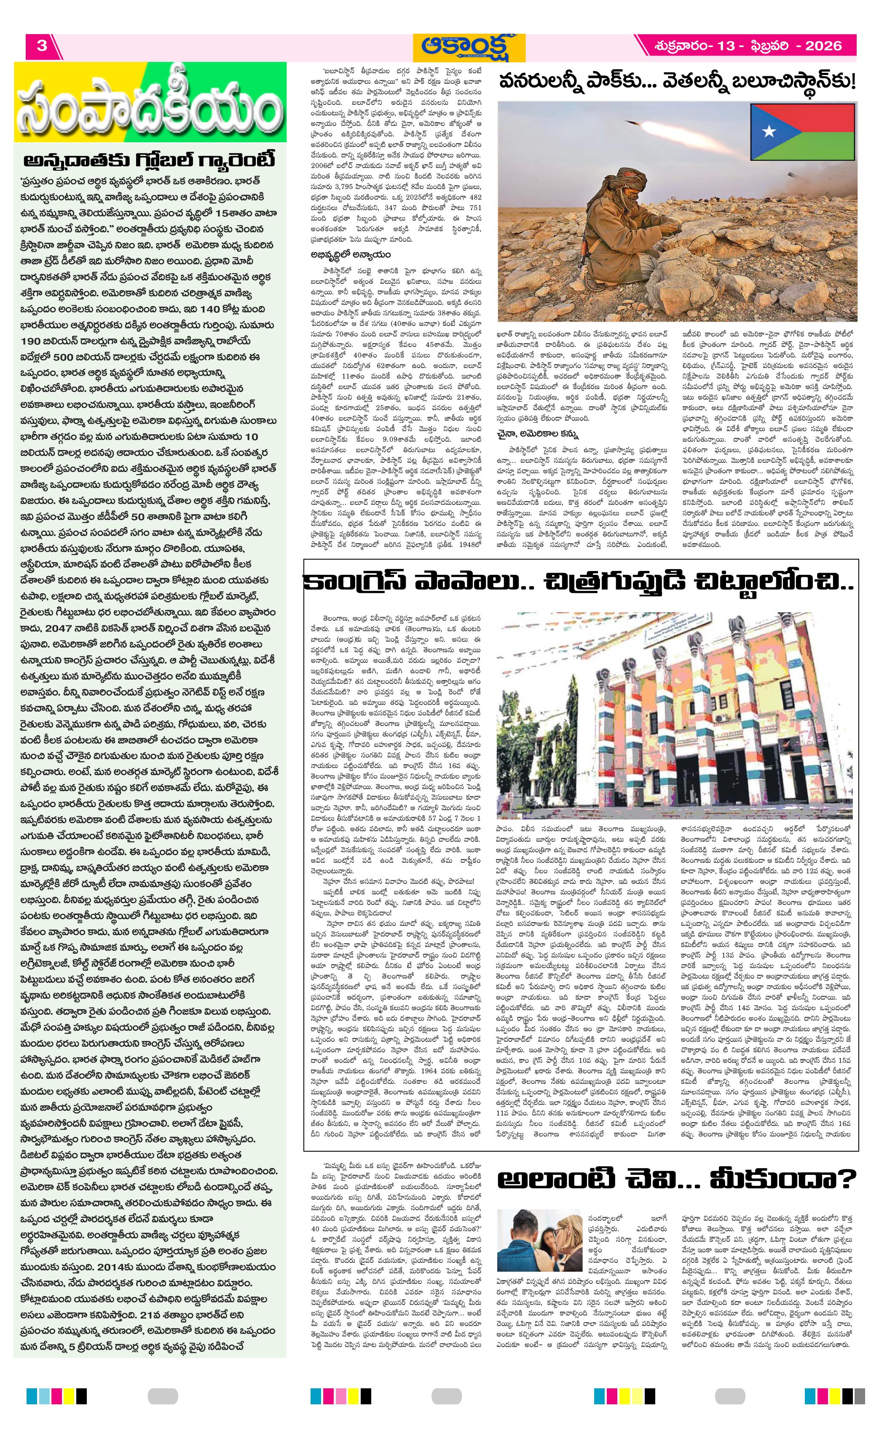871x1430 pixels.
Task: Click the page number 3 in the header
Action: [x=41, y=46]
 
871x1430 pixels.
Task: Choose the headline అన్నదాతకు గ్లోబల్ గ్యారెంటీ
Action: [x=150, y=160]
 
